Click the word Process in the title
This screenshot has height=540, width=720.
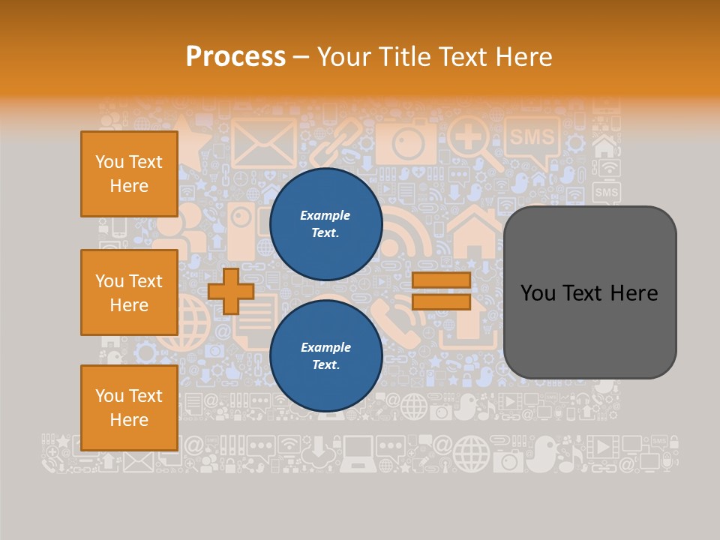[x=235, y=56]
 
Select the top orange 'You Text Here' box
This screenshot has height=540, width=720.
[x=129, y=174]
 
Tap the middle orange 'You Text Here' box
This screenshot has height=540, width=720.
[x=129, y=292]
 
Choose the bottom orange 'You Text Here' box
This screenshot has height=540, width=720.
[x=129, y=407]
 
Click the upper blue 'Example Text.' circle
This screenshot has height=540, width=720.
[x=325, y=224]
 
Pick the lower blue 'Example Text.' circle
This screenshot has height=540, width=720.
[x=325, y=356]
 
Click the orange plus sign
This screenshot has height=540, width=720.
[x=231, y=291]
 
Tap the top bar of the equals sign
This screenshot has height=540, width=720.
[x=441, y=280]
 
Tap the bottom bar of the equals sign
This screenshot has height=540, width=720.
[x=441, y=302]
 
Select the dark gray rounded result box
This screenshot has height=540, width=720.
[x=589, y=292]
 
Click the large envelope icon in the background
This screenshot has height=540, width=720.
[x=263, y=142]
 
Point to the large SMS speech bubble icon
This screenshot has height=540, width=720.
[x=532, y=139]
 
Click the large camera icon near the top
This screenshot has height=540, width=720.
[x=406, y=141]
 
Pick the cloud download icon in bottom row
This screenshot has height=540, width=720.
[x=319, y=452]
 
